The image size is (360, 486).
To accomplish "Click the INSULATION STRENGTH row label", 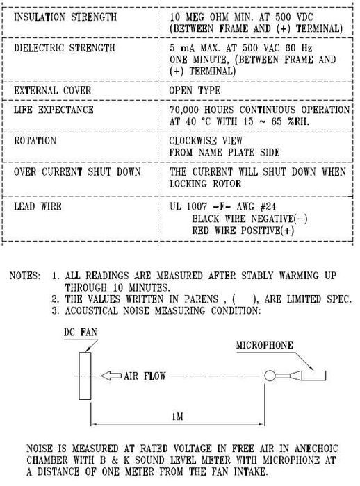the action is coord(65,17).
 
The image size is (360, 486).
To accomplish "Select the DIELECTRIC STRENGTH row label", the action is coord(65,48).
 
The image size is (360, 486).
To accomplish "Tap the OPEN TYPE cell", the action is coord(195,90).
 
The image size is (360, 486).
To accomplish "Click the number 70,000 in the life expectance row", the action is coord(184,110).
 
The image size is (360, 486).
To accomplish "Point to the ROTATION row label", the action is coord(35,141).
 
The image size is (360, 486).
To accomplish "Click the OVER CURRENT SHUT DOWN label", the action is coord(77,171).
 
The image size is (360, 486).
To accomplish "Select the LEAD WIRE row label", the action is coord(38,206).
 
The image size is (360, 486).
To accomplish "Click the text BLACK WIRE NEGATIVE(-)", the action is coord(249,219).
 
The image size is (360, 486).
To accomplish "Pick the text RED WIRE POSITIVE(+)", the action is coord(243,231).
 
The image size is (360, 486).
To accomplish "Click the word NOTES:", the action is coord(25,276).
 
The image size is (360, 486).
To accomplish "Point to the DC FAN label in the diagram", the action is coord(81,333).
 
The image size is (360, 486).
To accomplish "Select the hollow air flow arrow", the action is coord(111,376).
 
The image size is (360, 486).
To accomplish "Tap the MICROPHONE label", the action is coord(264,345).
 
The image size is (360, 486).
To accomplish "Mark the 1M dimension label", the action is coord(177,417).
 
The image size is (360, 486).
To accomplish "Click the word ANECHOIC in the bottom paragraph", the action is coord(316,449).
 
